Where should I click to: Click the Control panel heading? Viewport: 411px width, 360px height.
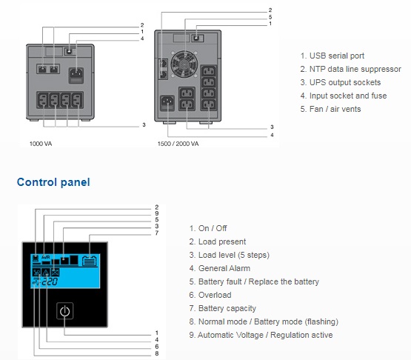pyautogui.click(x=53, y=182)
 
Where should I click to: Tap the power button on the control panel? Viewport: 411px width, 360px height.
pyautogui.click(x=64, y=311)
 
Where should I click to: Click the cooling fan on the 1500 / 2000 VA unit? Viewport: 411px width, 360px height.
pyautogui.click(x=184, y=64)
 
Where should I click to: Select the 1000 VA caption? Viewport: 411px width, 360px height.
pyautogui.click(x=41, y=144)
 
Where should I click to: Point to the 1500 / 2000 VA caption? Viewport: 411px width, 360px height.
pyautogui.click(x=178, y=144)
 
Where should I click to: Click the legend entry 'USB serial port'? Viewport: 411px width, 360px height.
pyautogui.click(x=333, y=56)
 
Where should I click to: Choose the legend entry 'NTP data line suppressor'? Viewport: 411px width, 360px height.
pyautogui.click(x=351, y=69)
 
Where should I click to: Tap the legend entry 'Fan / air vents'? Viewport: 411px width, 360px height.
pyautogui.click(x=330, y=109)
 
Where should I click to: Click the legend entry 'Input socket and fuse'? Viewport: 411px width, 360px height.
pyautogui.click(x=344, y=96)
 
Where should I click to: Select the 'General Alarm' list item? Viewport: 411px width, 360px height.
pyautogui.click(x=220, y=268)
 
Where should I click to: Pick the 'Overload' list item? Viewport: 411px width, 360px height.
pyautogui.click(x=210, y=295)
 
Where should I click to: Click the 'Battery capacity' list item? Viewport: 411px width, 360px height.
pyautogui.click(x=223, y=308)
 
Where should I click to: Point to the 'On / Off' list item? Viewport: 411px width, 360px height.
pyautogui.click(x=208, y=228)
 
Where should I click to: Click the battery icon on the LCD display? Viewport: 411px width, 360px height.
pyautogui.click(x=90, y=261)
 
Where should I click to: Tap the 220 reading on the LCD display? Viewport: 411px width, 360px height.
pyautogui.click(x=50, y=282)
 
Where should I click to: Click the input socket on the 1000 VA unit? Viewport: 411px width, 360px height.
pyautogui.click(x=76, y=76)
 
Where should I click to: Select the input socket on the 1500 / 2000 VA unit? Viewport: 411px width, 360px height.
pyautogui.click(x=167, y=103)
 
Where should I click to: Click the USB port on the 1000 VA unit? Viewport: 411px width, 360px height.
pyautogui.click(x=69, y=51)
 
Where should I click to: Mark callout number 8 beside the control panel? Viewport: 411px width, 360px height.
pyautogui.click(x=157, y=353)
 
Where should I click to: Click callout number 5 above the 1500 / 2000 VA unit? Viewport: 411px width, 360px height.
pyautogui.click(x=270, y=17)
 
